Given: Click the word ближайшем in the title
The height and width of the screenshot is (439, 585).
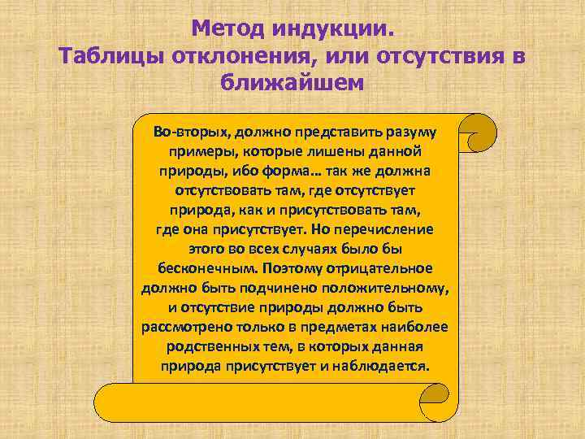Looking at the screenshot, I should click(292, 82).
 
